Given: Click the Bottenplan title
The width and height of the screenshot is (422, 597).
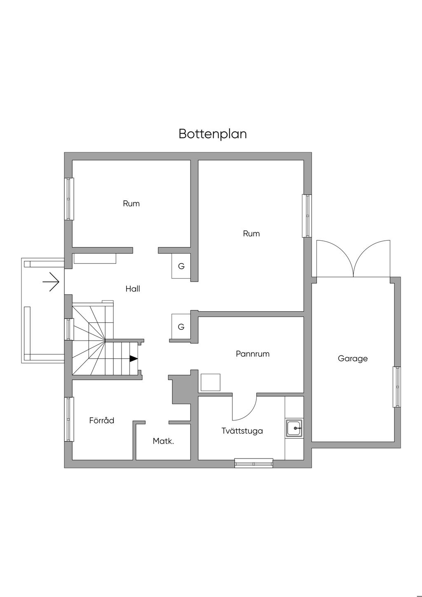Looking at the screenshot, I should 213,134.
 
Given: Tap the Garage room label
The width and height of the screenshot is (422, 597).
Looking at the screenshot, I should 352,358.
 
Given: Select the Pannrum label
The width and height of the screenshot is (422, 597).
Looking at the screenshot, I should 253,354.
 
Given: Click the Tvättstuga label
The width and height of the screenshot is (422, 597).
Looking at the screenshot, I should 242,431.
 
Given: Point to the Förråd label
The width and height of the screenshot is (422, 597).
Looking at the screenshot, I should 102,421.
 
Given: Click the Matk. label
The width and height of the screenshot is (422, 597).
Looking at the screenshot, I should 163,441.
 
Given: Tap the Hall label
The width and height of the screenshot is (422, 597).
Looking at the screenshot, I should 133,289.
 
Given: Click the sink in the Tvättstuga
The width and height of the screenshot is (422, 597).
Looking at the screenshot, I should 294,428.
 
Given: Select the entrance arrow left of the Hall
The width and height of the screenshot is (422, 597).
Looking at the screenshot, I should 51,282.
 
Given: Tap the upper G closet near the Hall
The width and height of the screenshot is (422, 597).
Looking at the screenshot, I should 181,266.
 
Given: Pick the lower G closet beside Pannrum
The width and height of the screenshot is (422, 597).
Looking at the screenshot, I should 181,327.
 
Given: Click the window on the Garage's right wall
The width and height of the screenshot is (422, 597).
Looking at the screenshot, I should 397,387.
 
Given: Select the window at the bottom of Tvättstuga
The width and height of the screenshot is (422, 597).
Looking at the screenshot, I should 253,463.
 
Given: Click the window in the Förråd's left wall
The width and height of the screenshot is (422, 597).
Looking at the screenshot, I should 69,419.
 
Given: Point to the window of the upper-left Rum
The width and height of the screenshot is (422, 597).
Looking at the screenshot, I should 69,199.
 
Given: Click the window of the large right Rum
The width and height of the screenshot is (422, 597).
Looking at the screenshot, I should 307,216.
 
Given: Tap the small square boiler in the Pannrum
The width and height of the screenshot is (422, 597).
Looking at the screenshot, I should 210,382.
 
